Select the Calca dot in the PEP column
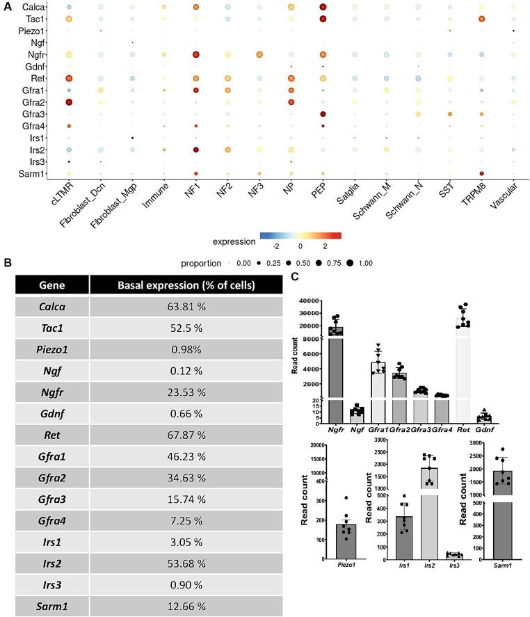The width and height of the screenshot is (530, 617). point(323,7)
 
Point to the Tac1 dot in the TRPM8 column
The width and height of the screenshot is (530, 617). point(481,19)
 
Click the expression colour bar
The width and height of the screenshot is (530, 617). point(300,235)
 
